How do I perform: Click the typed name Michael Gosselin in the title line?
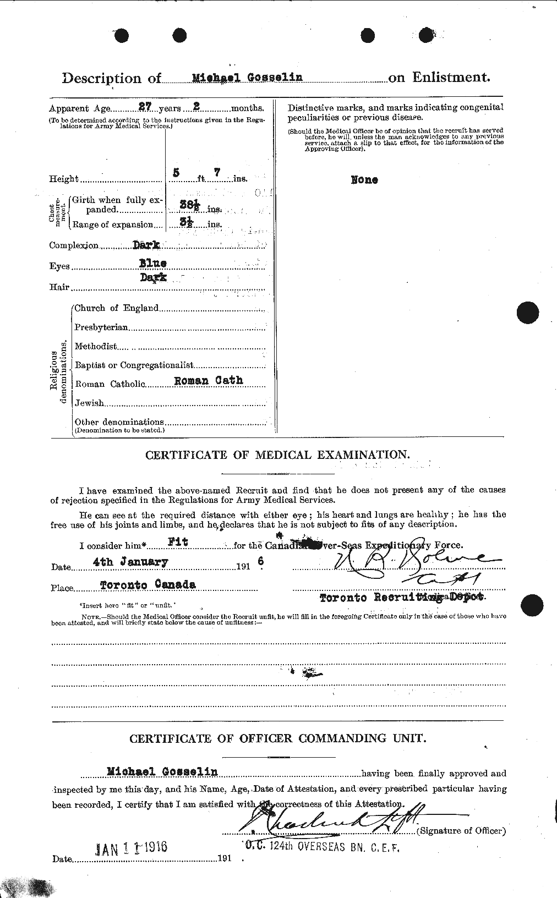(247, 78)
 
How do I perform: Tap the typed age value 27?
(129, 108)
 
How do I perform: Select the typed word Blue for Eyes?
(152, 264)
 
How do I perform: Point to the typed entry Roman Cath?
(208, 380)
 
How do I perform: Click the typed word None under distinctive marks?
(364, 180)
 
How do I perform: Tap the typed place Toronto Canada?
(148, 585)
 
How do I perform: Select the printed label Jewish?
(89, 403)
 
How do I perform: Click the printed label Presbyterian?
(101, 327)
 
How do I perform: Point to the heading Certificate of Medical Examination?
(277, 455)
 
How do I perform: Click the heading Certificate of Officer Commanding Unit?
(277, 738)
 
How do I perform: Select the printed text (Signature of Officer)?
(461, 831)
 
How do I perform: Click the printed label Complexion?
(74, 246)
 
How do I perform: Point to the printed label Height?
(64, 179)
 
